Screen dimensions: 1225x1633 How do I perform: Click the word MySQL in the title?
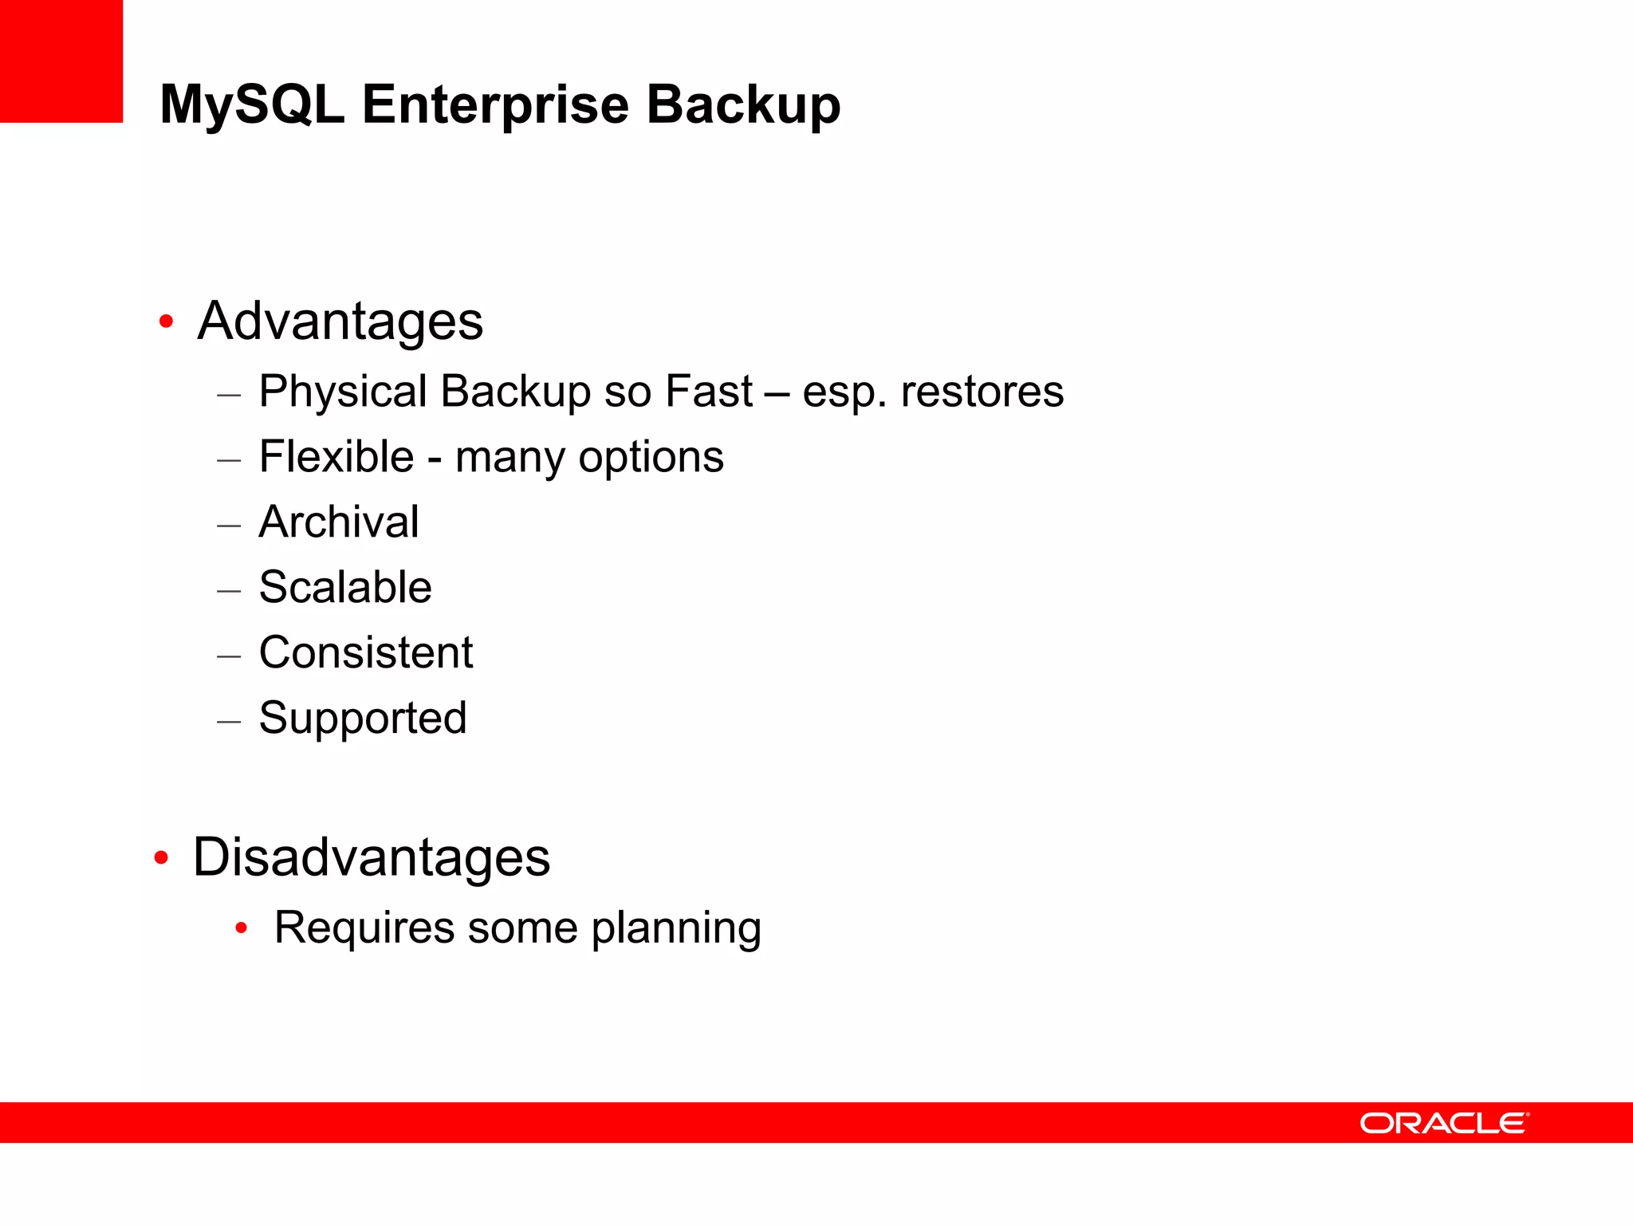(x=252, y=105)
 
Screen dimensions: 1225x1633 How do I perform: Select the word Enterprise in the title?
(x=495, y=105)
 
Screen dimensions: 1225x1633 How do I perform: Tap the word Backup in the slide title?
(x=743, y=105)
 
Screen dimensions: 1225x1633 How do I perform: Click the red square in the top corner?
(x=61, y=61)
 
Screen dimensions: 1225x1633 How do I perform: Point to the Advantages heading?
(x=340, y=321)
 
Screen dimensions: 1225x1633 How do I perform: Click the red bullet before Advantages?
(x=166, y=322)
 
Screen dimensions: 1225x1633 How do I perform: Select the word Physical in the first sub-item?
(x=344, y=392)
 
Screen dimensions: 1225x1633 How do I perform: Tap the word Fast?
(x=708, y=392)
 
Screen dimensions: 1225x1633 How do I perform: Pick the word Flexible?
(x=336, y=457)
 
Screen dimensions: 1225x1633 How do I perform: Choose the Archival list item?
(x=339, y=522)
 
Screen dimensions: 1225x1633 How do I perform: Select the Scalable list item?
(x=345, y=588)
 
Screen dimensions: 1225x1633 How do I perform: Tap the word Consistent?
(x=366, y=653)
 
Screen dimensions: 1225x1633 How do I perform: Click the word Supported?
(x=363, y=719)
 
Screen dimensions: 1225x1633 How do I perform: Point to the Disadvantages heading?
(x=372, y=858)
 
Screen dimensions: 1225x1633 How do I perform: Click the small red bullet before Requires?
(x=242, y=928)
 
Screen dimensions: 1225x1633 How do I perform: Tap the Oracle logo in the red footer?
(x=1444, y=1123)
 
